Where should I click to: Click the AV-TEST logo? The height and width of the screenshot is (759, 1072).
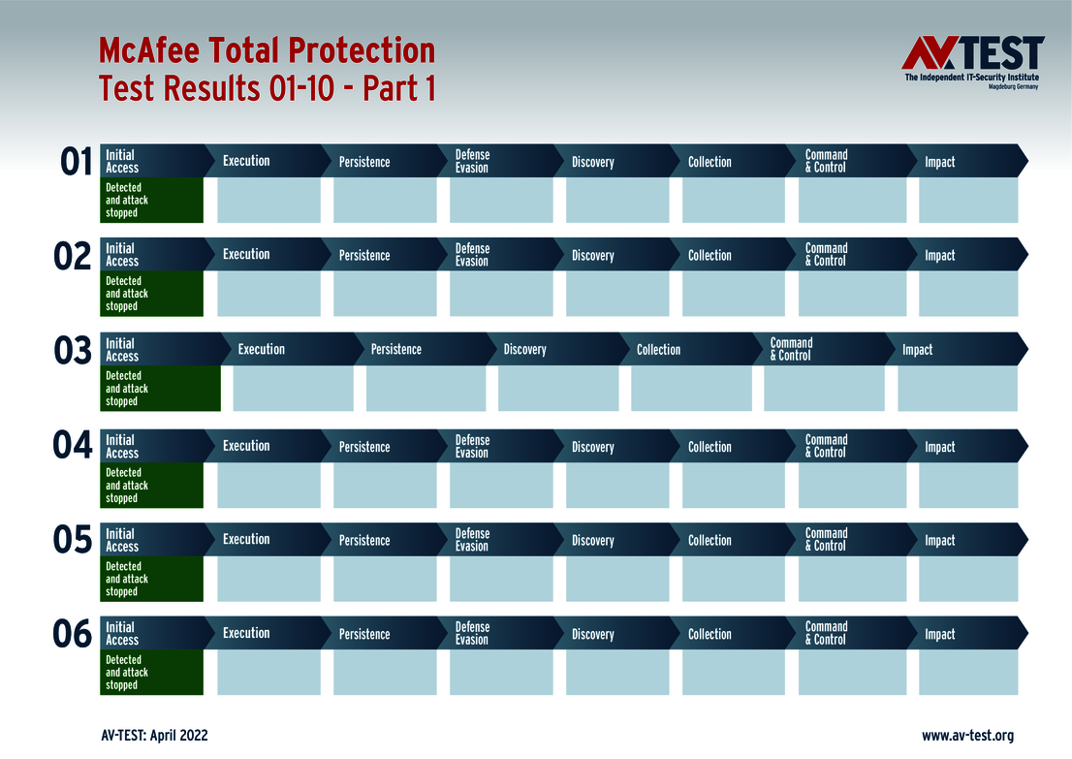tap(972, 62)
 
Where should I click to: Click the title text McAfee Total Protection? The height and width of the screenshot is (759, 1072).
tap(267, 50)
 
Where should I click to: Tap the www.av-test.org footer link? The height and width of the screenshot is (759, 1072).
tap(967, 736)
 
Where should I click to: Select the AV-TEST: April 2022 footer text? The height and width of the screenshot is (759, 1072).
tap(154, 736)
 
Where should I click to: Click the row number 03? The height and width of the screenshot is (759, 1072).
tap(73, 351)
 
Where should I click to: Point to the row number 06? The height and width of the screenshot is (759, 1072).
tap(73, 635)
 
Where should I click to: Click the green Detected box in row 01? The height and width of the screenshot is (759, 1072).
tap(152, 200)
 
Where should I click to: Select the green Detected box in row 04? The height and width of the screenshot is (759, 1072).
tap(152, 486)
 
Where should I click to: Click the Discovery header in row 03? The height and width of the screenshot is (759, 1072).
tap(525, 350)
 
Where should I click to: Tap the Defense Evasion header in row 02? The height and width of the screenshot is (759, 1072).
tap(473, 255)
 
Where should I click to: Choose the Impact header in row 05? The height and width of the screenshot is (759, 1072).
tap(940, 541)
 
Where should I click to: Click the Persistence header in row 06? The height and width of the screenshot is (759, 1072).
tap(364, 635)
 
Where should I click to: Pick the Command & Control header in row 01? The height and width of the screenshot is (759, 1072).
tap(827, 161)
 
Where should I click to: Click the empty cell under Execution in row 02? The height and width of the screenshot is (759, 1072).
tap(268, 294)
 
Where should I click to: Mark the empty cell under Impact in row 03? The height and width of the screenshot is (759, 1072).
tap(957, 389)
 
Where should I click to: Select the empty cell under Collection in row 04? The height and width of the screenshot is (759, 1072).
tap(734, 486)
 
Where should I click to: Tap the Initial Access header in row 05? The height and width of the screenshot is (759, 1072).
tap(122, 540)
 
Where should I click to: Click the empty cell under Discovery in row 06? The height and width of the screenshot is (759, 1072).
tap(617, 673)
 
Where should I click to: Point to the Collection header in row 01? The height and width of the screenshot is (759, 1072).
tap(709, 162)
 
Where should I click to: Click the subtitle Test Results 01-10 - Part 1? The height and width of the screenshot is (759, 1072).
tap(267, 88)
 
